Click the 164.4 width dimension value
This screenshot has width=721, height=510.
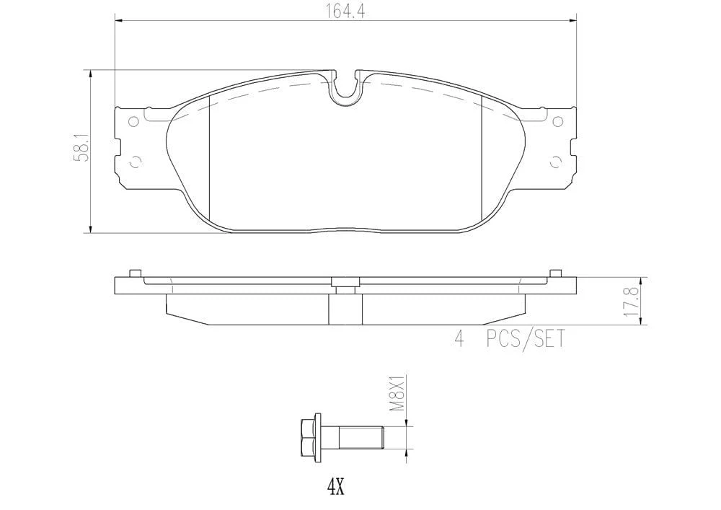pos(346,11)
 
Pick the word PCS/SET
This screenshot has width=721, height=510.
pos(526,339)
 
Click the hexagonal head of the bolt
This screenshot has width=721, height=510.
pos(310,437)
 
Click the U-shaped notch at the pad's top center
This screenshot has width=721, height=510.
pos(345,89)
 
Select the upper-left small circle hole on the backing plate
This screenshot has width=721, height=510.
pos(134,122)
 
